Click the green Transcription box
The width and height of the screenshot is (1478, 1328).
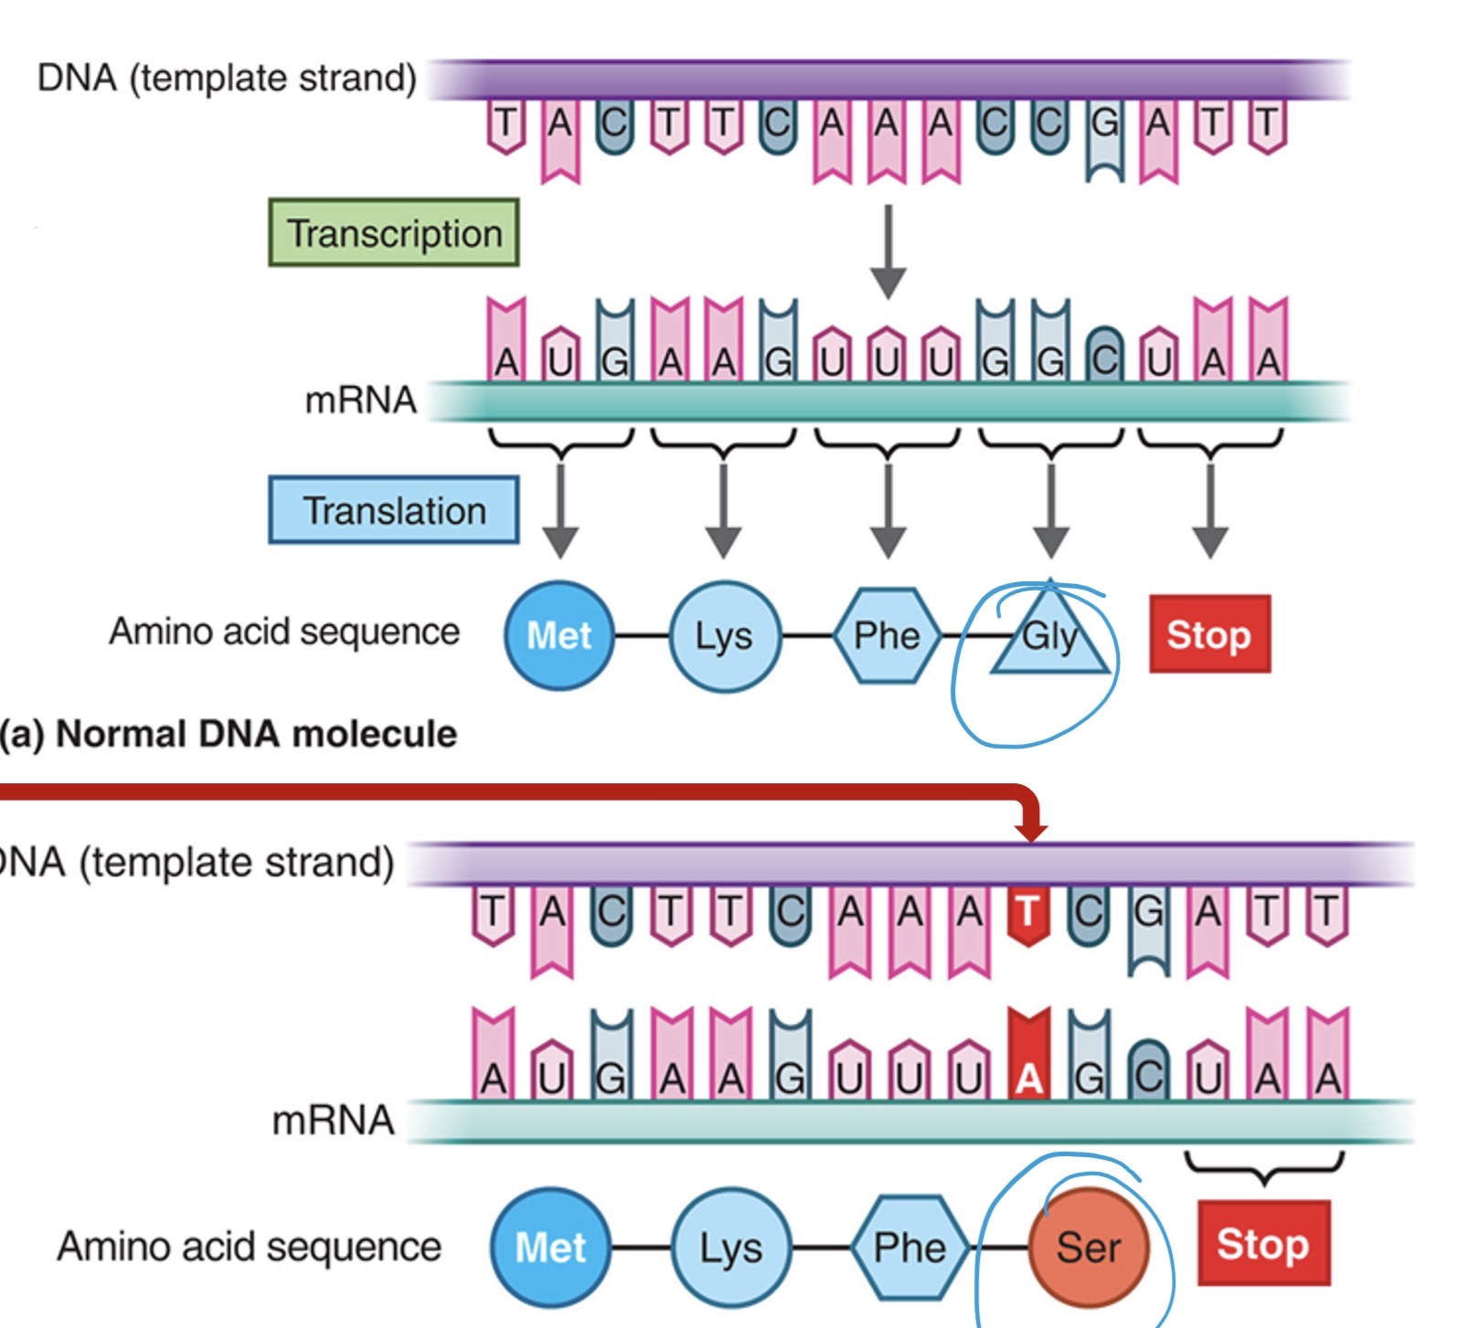394,233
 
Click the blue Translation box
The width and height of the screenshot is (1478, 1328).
394,510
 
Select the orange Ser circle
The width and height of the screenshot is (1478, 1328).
1088,1247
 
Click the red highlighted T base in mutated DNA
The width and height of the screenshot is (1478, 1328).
1028,913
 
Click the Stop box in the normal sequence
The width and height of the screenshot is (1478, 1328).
1209,634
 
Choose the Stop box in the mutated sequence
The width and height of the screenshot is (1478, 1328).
1263,1244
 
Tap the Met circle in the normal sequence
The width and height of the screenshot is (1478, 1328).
559,635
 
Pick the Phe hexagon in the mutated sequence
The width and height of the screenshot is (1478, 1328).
909,1248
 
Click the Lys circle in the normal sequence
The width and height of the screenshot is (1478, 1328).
724,635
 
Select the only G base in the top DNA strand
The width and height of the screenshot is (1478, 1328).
1104,137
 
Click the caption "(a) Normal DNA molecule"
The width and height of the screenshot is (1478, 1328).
229,734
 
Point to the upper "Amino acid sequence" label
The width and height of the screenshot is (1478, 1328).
284,632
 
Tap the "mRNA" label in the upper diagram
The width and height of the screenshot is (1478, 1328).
360,400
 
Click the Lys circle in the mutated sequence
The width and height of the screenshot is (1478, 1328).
730,1248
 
